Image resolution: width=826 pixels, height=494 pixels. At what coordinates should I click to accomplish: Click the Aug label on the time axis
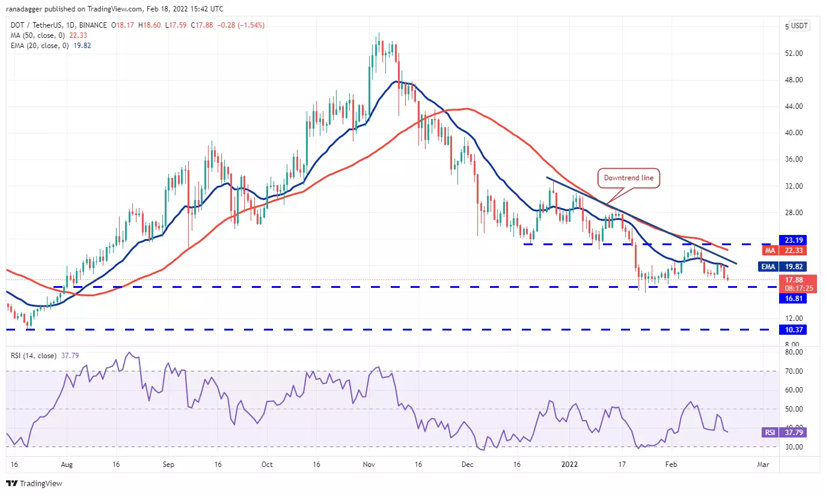[67, 465]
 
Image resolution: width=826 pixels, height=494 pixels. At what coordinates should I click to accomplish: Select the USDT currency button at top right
[800, 26]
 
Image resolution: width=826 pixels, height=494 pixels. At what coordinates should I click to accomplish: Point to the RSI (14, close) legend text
[34, 356]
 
